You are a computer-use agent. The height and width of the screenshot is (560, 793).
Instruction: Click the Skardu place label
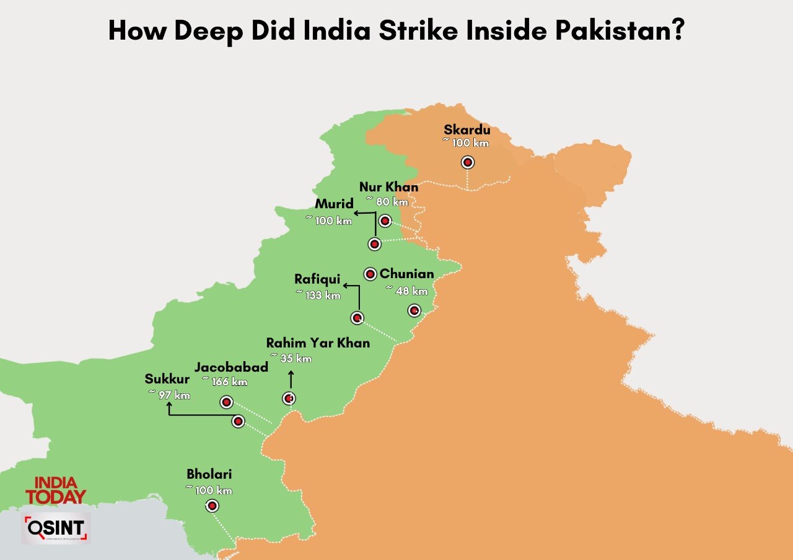click(x=467, y=130)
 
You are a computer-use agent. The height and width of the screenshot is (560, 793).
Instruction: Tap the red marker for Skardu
click(x=468, y=162)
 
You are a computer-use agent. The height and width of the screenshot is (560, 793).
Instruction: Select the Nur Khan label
click(x=388, y=187)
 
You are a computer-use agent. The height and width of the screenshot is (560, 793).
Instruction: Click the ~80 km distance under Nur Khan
click(x=387, y=201)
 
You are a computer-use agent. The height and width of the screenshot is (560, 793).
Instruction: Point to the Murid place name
click(x=334, y=204)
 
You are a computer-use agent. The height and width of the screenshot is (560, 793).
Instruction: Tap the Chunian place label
click(x=406, y=274)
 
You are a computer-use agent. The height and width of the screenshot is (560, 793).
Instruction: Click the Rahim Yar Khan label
click(x=318, y=343)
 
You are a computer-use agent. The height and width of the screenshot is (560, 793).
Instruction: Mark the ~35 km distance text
click(x=291, y=358)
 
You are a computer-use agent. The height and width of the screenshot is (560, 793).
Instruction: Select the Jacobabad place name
click(x=231, y=367)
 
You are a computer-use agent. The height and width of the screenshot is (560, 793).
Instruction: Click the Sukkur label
click(x=167, y=379)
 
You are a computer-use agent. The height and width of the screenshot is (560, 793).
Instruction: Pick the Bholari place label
click(x=209, y=475)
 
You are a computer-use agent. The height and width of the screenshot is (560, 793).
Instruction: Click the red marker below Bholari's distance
click(x=212, y=506)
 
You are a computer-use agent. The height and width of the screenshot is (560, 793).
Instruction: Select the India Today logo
click(x=56, y=490)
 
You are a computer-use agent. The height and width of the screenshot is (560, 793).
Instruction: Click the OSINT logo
click(x=56, y=528)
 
